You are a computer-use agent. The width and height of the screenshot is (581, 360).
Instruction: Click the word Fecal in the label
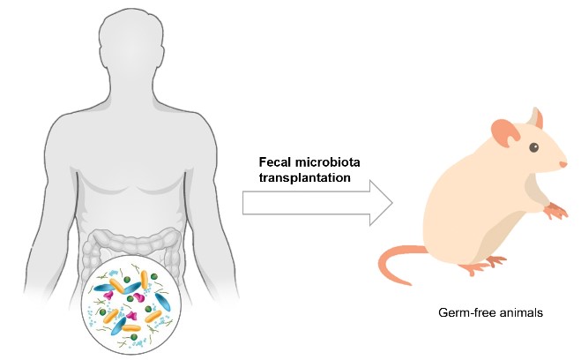pos(274,162)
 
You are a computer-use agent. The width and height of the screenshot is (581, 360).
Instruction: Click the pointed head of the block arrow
pos(379,202)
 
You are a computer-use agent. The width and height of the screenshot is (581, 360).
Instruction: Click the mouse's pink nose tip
pos(564,164)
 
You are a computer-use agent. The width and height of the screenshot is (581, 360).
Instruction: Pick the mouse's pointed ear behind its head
pos(536,117)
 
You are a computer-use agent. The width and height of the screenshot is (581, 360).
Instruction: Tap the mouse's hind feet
pos(494,261)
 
